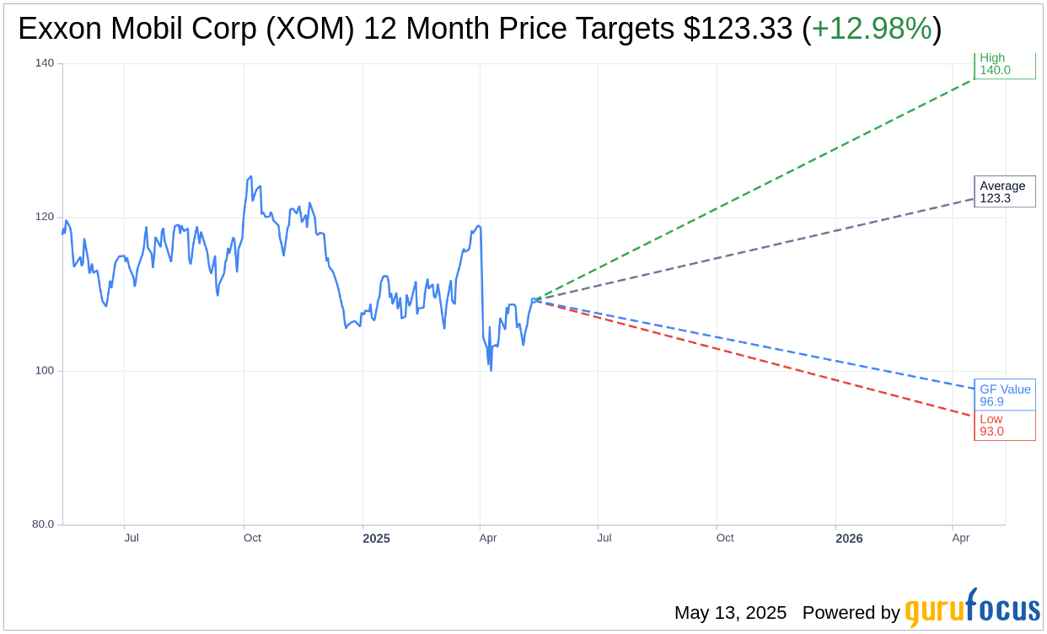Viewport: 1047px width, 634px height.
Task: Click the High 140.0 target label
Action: (x=1004, y=64)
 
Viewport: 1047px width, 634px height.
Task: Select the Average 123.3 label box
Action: (x=1004, y=192)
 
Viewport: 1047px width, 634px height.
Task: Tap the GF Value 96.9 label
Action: (x=1004, y=395)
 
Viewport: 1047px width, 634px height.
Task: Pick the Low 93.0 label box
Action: (x=1004, y=426)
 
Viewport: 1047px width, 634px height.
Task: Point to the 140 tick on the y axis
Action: (x=44, y=63)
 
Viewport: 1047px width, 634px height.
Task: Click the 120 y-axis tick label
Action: (x=44, y=217)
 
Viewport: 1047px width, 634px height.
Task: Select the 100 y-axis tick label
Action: (x=44, y=371)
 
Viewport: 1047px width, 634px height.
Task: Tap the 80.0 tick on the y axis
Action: (x=43, y=524)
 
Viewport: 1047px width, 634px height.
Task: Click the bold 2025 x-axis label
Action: (x=376, y=539)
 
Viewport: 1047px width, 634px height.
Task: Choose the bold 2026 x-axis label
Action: (x=849, y=539)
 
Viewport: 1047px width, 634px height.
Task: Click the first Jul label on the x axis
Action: (x=132, y=538)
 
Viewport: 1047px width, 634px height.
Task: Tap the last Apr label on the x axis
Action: (x=960, y=538)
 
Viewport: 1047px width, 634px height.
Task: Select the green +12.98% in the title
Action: (x=872, y=30)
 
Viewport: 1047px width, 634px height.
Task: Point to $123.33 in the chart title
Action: (x=738, y=30)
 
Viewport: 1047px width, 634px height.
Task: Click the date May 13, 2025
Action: (x=730, y=613)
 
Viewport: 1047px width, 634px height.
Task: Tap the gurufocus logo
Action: (x=972, y=610)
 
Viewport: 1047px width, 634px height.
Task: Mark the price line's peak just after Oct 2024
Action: (x=250, y=176)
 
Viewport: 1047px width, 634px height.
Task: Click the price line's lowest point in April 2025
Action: (x=491, y=370)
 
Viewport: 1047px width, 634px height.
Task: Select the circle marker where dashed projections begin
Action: (x=534, y=299)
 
